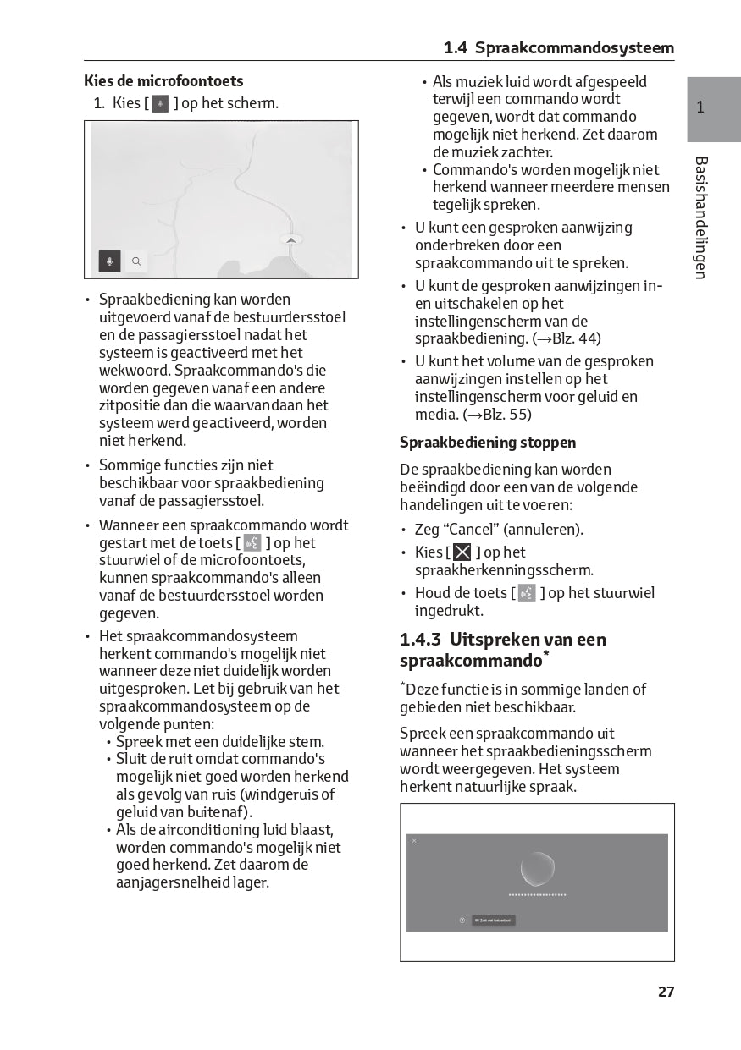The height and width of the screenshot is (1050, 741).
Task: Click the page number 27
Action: pyautogui.click(x=666, y=992)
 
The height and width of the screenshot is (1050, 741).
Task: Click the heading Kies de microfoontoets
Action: pyautogui.click(x=163, y=81)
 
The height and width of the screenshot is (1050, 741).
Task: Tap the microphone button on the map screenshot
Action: pyautogui.click(x=109, y=261)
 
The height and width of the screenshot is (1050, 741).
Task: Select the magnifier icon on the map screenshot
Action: pyautogui.click(x=135, y=261)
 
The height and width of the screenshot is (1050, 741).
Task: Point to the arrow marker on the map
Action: pyautogui.click(x=290, y=240)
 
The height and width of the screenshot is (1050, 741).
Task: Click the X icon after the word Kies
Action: pyautogui.click(x=462, y=552)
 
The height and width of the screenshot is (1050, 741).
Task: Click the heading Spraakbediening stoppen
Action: pyautogui.click(x=488, y=443)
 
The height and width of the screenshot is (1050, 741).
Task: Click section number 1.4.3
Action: pyautogui.click(x=420, y=640)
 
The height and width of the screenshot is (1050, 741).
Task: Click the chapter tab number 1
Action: pyautogui.click(x=700, y=107)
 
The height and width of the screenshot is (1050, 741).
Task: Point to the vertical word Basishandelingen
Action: pyautogui.click(x=700, y=217)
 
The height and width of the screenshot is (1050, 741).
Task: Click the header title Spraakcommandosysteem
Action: pyautogui.click(x=574, y=48)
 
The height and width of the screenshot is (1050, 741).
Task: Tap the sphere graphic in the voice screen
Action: pyautogui.click(x=537, y=868)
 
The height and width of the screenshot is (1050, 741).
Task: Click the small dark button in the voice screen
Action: pyautogui.click(x=493, y=921)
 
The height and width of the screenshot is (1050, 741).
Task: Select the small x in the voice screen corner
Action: pyautogui.click(x=414, y=841)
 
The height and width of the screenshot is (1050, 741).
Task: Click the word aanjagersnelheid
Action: pyautogui.click(x=180, y=882)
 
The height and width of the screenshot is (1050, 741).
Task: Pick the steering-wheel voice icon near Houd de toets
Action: pyautogui.click(x=527, y=593)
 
